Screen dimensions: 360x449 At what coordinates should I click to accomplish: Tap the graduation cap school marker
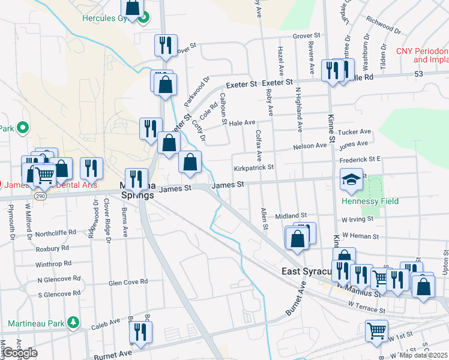[351, 178]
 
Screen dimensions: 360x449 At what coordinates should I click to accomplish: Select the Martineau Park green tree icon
[73, 322]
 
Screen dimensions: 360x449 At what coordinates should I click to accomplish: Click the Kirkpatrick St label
[254, 169]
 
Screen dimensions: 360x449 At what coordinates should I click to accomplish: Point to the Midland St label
[291, 215]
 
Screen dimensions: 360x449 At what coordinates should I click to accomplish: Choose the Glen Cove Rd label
[128, 282]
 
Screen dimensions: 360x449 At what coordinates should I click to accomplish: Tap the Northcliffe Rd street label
[56, 232]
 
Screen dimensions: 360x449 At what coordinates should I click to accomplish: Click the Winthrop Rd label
[53, 263]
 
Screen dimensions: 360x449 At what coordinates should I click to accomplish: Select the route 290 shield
[40, 196]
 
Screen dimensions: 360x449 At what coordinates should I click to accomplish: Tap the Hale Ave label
[243, 122]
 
